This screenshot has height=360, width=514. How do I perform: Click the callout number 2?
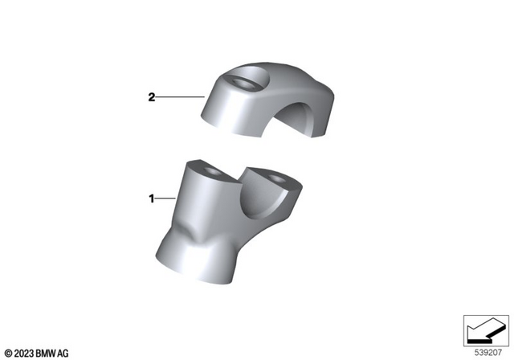(151, 98)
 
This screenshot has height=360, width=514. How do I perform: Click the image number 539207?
(486, 351)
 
